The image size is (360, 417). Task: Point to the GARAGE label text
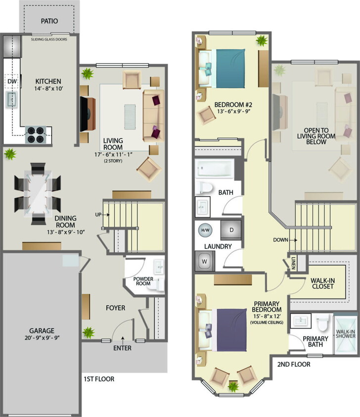[x=41, y=331]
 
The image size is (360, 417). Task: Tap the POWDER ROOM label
[x=143, y=281]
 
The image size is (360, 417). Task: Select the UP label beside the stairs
[x=99, y=214]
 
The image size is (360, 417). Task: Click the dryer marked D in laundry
[x=231, y=230]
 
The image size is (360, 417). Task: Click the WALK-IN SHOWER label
[x=346, y=334]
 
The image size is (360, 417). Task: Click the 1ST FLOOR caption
[x=99, y=379]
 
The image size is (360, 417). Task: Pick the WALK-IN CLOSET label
[x=322, y=284]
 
